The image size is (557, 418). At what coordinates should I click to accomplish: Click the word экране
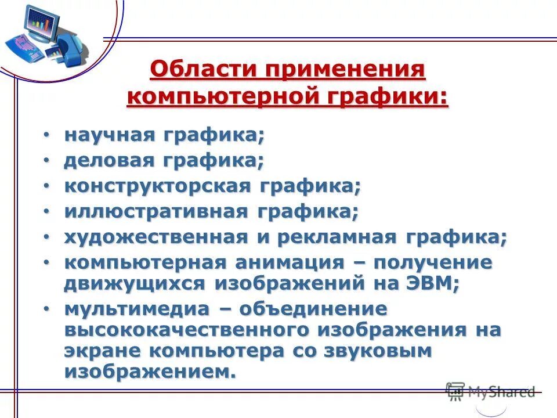coord(102,351)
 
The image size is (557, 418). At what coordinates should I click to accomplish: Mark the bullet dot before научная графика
coord(46,136)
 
